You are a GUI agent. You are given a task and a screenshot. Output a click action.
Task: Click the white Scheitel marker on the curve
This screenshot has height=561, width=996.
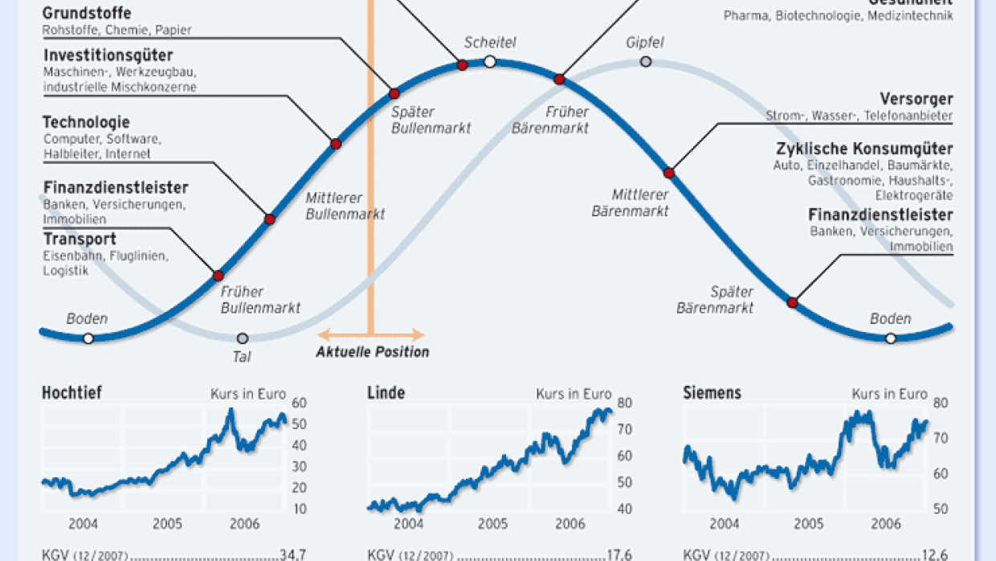(490, 62)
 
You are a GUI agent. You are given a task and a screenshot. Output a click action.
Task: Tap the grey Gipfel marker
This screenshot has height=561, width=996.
(645, 62)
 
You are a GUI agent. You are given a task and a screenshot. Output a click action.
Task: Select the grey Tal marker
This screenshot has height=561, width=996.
(243, 338)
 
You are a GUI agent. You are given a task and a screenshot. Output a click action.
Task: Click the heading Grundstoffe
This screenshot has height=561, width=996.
(87, 14)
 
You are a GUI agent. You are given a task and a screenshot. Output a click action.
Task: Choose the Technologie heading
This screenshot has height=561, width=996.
(86, 122)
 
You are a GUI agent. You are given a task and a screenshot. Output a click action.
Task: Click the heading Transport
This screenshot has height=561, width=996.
(80, 240)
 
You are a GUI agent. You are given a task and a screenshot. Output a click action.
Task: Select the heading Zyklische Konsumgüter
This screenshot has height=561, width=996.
(864, 149)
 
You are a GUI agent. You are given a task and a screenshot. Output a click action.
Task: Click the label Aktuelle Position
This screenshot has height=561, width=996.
(372, 352)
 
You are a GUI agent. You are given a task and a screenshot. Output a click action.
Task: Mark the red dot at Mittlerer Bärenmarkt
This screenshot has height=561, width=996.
(668, 173)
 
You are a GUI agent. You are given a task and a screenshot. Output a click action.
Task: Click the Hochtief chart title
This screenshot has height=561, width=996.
(71, 393)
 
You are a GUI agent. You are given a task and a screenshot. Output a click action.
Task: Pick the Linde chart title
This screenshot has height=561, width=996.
(386, 393)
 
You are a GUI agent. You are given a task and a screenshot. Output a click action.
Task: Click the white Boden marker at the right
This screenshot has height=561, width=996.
(890, 338)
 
